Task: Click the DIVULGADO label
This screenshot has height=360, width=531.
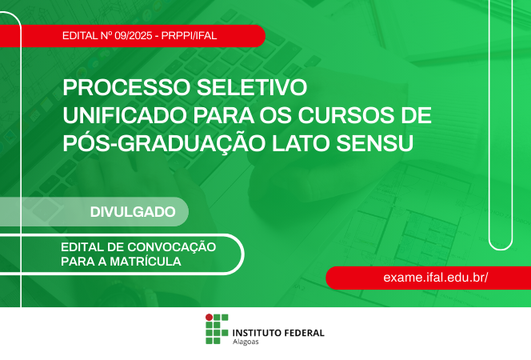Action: (133, 212)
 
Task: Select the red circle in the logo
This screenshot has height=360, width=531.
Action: (210, 317)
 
